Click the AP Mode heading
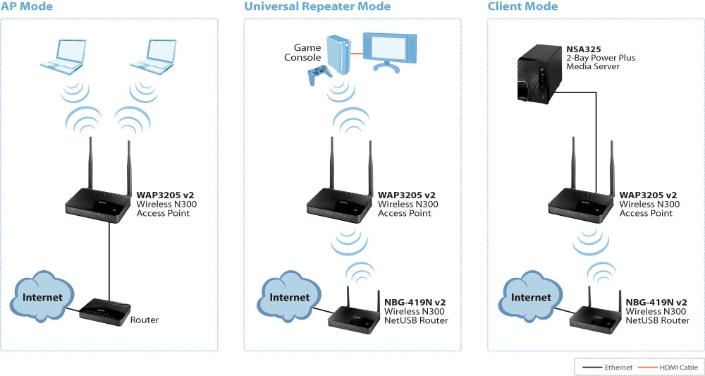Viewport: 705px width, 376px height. click(27, 6)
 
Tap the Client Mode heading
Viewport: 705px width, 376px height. click(522, 6)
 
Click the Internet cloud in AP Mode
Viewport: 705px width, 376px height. click(42, 297)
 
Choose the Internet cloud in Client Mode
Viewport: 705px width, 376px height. click(531, 297)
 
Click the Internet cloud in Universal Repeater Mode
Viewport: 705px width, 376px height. click(290, 297)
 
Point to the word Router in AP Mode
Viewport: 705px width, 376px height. click(145, 320)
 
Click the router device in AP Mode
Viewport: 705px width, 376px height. click(102, 310)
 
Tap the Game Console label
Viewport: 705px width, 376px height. click(307, 51)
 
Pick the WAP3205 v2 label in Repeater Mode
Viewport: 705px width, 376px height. click(407, 195)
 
